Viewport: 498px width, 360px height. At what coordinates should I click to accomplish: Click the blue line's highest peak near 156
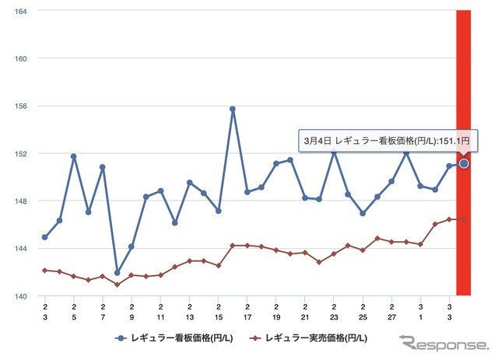click(x=233, y=109)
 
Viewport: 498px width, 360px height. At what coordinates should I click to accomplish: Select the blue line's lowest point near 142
click(x=117, y=273)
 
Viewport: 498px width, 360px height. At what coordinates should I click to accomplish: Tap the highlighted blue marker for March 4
click(x=464, y=163)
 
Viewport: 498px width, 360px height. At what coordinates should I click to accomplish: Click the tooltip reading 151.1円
click(x=385, y=140)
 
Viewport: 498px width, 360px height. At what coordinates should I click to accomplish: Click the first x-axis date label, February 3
click(x=45, y=313)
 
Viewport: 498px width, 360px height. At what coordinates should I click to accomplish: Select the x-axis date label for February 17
click(x=247, y=313)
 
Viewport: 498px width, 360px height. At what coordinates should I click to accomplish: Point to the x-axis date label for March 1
click(x=421, y=313)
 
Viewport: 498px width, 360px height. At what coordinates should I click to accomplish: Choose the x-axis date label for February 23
click(x=334, y=313)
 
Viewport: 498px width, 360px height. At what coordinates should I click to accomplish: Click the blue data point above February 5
click(x=74, y=156)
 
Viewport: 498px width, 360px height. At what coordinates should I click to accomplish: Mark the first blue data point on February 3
click(x=45, y=237)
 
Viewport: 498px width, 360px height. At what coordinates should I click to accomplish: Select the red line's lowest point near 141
click(x=117, y=285)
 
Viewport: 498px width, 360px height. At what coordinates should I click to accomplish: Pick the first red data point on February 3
click(x=45, y=270)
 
